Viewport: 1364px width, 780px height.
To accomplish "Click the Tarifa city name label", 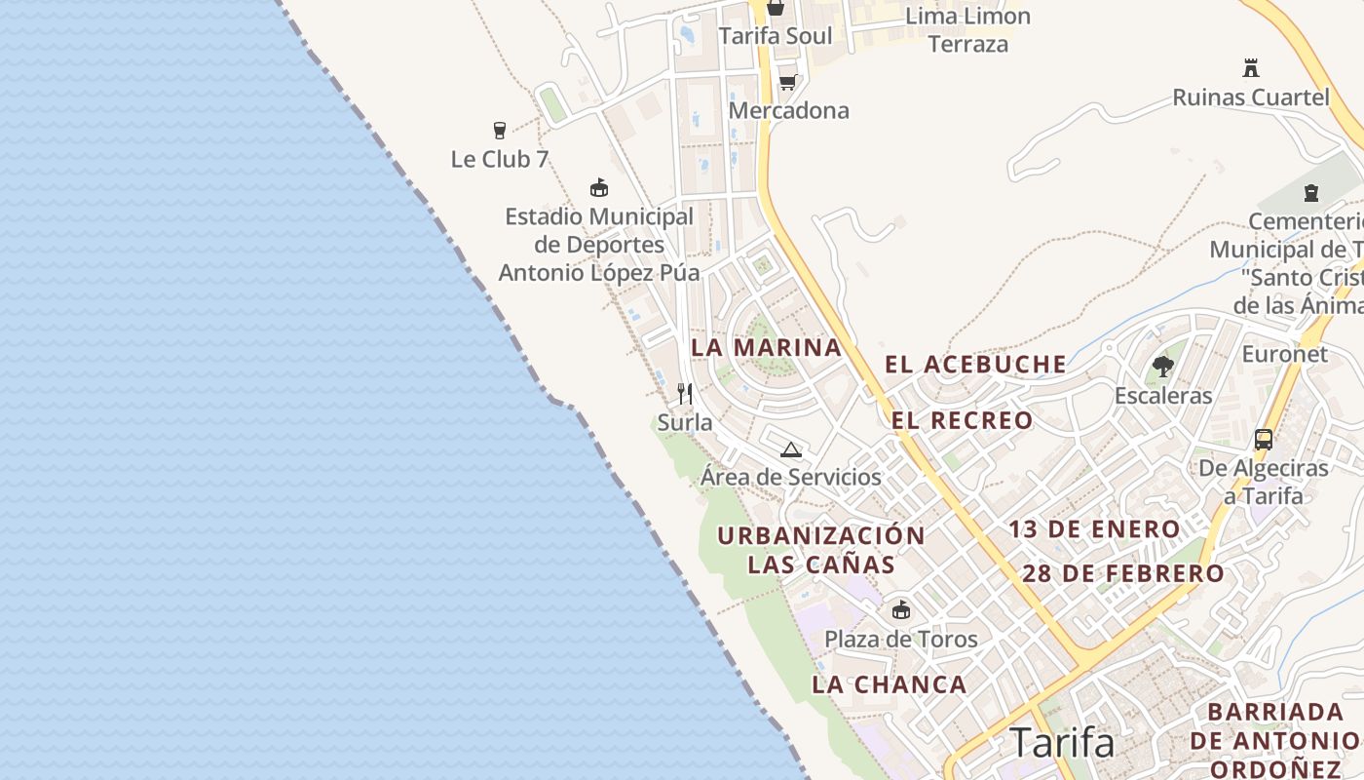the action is click(x=1062, y=743).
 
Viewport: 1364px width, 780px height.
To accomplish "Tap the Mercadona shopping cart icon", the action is click(x=787, y=82).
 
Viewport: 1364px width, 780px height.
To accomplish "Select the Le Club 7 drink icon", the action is click(x=500, y=130).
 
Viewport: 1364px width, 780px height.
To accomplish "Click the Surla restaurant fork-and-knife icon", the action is click(x=685, y=394).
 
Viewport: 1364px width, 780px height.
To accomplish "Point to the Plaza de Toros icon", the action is click(x=901, y=610).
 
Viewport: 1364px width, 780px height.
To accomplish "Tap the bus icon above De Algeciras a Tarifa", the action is click(x=1264, y=440).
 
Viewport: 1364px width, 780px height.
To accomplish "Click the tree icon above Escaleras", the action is click(x=1162, y=367).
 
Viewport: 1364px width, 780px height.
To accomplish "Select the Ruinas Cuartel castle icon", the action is click(x=1251, y=68).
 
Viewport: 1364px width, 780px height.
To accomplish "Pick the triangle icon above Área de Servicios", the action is click(x=790, y=449).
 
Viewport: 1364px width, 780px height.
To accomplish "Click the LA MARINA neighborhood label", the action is click(x=767, y=347).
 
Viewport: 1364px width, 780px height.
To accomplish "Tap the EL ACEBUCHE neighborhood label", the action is click(x=975, y=365).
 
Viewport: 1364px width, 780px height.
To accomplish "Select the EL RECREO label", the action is click(x=963, y=420).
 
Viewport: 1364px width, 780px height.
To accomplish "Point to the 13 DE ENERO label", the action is click(x=1094, y=529).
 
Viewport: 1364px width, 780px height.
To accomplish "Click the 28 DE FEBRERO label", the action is click(x=1123, y=573).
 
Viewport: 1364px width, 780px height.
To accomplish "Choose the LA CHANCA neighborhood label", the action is click(x=890, y=684).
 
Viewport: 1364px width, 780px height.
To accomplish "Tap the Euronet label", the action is click(x=1284, y=354).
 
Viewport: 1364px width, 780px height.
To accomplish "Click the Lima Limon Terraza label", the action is click(x=967, y=29).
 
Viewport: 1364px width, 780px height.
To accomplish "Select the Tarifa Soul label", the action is click(x=776, y=36).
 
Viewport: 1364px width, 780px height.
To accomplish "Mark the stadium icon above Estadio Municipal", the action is click(x=599, y=187).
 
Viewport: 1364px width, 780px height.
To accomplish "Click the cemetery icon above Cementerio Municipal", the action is click(x=1310, y=192).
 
